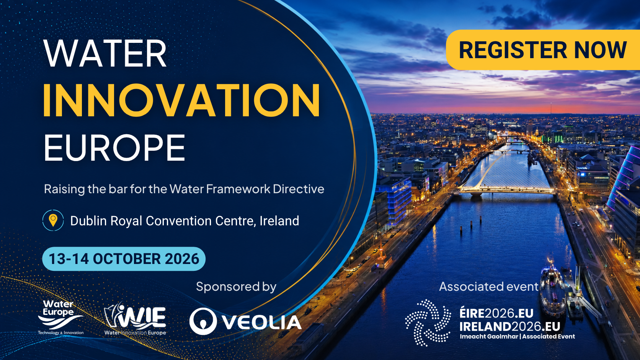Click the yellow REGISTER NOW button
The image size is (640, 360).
(543, 50)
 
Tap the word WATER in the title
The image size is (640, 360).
(105, 54)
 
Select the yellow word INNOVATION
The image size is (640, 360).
(182, 100)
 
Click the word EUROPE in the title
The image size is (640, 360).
(114, 148)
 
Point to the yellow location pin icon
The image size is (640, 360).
(53, 220)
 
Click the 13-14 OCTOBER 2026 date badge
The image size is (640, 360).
(124, 259)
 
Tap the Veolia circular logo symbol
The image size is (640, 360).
(203, 321)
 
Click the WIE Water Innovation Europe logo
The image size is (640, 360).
(135, 319)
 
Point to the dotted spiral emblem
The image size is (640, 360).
(428, 323)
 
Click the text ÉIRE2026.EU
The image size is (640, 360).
(496, 313)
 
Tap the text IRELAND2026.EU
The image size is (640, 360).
(510, 326)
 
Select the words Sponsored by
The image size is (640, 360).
(236, 287)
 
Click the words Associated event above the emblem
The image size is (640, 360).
(488, 287)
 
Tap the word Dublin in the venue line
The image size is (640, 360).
(88, 221)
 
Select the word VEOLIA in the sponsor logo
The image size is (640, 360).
(262, 322)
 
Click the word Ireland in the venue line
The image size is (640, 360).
(279, 221)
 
